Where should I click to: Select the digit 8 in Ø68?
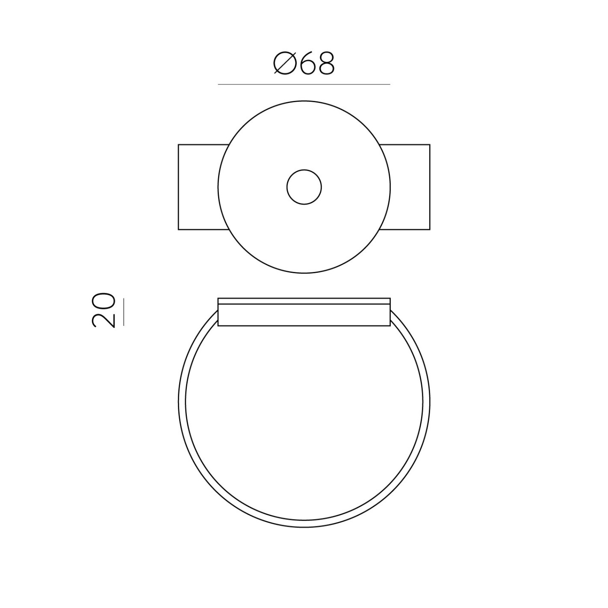click(325, 63)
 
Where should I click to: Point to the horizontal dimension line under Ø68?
click(304, 84)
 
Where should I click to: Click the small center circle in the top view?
click(304, 187)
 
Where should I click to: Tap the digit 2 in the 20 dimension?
click(103, 319)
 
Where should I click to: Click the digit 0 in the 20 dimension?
click(103, 301)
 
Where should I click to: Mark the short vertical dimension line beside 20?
click(124, 311)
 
